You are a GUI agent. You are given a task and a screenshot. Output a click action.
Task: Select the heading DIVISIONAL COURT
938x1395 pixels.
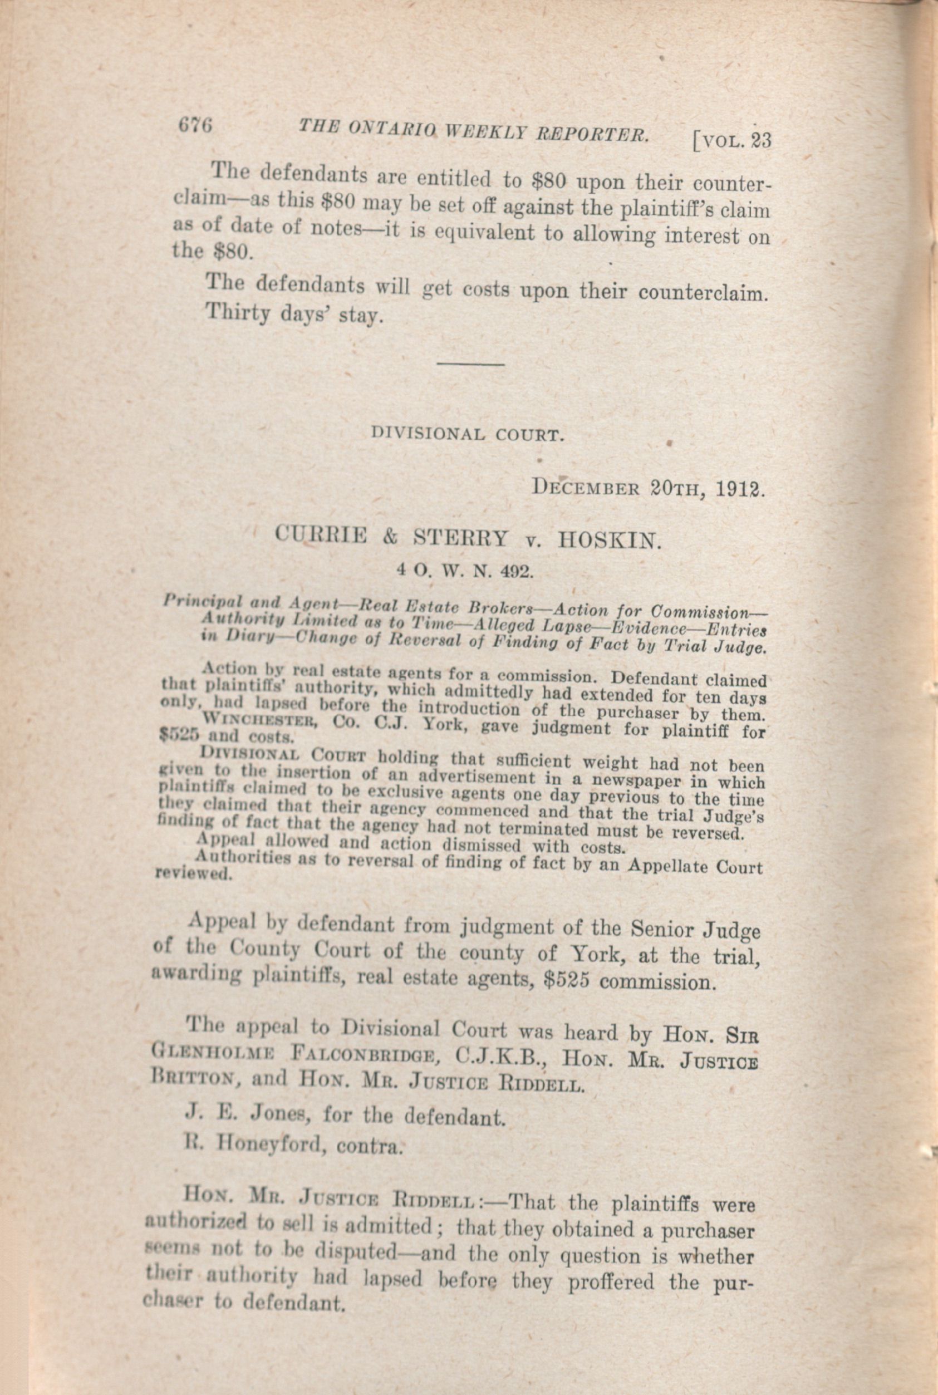[467, 434]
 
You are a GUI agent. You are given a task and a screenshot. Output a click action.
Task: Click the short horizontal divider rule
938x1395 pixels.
[471, 362]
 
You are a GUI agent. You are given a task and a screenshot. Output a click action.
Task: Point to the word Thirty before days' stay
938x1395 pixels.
[234, 313]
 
